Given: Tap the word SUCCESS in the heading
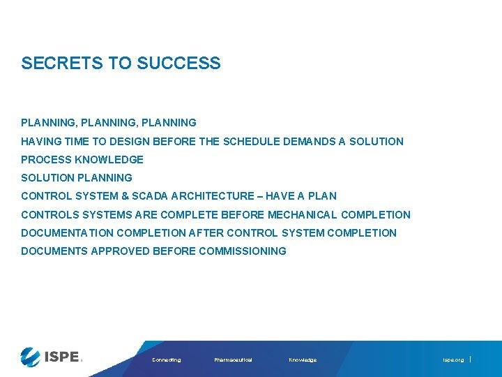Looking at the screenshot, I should click(178, 64).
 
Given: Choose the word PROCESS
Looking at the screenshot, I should click(46, 160).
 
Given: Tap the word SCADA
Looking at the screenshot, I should click(151, 196).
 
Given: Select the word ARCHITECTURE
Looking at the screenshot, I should click(213, 196).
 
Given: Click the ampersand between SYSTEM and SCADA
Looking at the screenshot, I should click(125, 196).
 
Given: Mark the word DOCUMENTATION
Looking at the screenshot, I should click(67, 233).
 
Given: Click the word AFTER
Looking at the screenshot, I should click(206, 233).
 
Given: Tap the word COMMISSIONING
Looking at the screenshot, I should click(242, 251).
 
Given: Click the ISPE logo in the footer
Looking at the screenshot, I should click(52, 357).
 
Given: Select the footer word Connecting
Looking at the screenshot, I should click(166, 360).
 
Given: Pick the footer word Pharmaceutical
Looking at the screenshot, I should click(233, 360).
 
